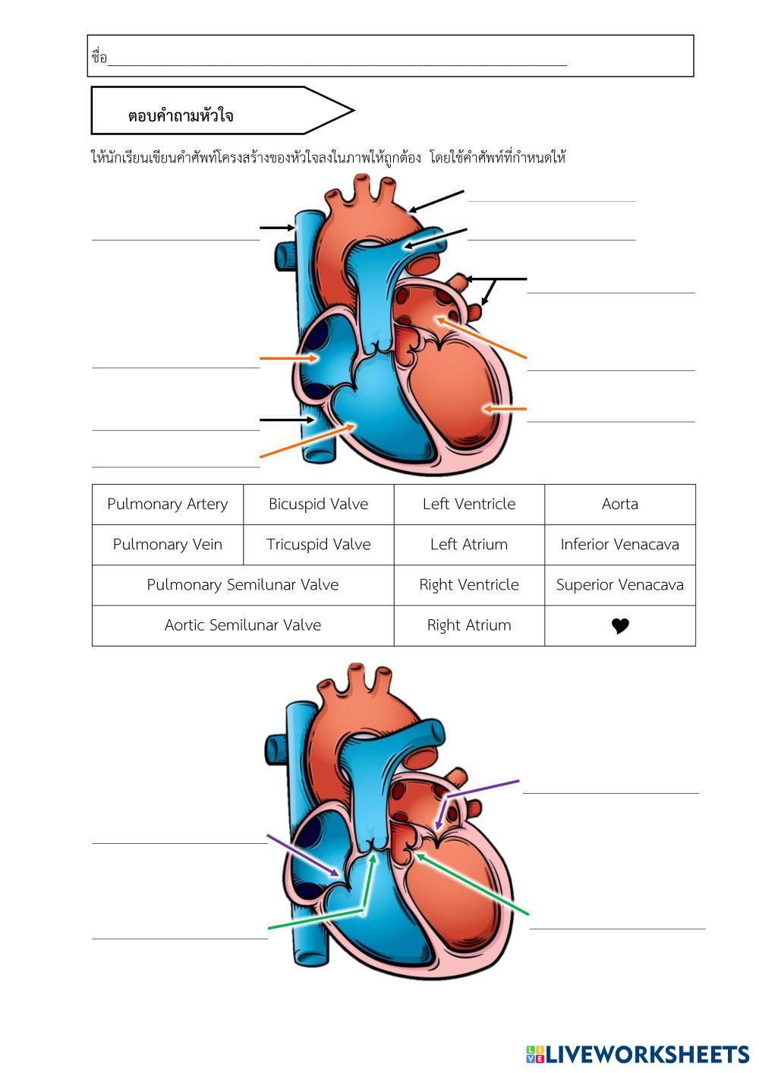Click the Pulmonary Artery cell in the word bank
167,504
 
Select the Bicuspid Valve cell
318,504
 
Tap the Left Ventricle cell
468,504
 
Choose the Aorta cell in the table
619,504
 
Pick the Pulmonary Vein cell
167,544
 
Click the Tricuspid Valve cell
318,544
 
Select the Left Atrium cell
468,544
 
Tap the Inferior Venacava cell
619,544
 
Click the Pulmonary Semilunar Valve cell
242,585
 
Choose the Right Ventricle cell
468,585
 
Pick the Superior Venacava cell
619,585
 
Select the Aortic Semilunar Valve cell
242,625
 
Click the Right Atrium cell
468,625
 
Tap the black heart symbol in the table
620,626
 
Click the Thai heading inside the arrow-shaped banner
181,116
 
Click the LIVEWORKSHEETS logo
638,1054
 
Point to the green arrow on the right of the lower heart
472,885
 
